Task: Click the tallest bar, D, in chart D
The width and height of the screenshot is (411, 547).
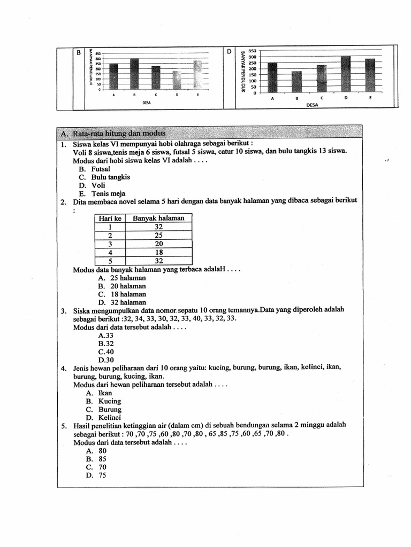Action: (x=345, y=74)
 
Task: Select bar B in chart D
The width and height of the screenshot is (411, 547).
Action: (x=296, y=82)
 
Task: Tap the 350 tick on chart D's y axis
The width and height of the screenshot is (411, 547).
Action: (x=253, y=51)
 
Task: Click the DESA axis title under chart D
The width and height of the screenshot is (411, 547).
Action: (x=312, y=105)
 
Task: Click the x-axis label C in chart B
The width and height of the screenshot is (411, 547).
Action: (x=156, y=95)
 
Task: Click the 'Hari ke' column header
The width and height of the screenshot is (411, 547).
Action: (x=110, y=218)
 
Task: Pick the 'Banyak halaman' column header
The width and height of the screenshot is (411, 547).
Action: (x=158, y=218)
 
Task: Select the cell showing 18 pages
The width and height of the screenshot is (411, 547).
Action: (x=158, y=252)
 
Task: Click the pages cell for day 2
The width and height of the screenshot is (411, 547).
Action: (x=158, y=235)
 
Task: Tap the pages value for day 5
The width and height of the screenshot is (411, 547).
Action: (x=158, y=261)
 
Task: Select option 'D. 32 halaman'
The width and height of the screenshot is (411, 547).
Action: (x=121, y=302)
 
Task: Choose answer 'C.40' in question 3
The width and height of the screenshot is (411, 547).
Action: (x=106, y=352)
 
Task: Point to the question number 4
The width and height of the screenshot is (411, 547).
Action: (x=63, y=368)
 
